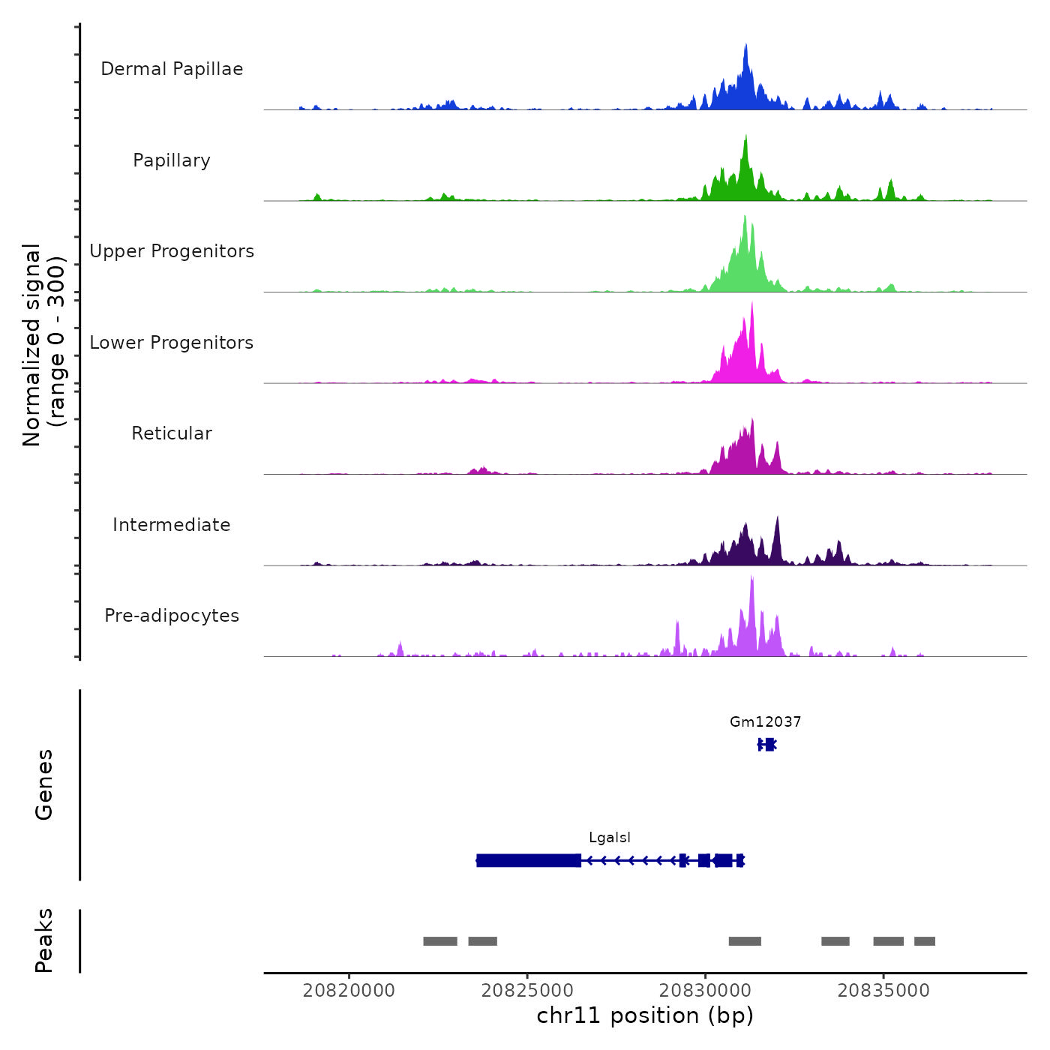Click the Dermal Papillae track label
coord(172,69)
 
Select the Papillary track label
coord(172,160)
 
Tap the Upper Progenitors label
coord(172,251)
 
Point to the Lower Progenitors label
coord(172,343)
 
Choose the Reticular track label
coord(172,433)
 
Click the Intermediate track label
coord(172,525)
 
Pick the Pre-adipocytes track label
coord(172,616)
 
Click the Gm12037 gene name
coord(765,722)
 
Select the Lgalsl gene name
coord(610,838)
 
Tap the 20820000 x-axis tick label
coord(349,991)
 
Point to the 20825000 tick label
coord(527,991)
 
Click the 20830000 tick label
coord(705,991)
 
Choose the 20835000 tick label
coord(883,991)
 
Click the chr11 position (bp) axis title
coord(645,1016)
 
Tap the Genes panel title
coord(44,784)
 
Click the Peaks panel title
coord(44,940)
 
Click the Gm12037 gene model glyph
coord(767,744)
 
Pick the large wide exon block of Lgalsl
coord(529,860)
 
